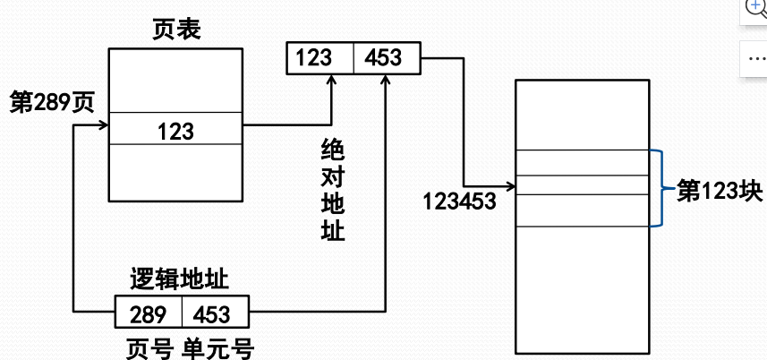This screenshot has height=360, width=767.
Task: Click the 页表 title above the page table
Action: click(x=175, y=30)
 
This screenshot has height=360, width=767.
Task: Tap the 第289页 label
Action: click(x=51, y=100)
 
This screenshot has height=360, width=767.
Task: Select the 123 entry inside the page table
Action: click(x=175, y=132)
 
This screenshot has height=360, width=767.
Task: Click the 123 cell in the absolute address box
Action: click(x=314, y=58)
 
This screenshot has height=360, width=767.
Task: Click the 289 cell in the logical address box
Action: click(x=148, y=314)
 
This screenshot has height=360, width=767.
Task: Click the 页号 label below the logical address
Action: click(x=146, y=347)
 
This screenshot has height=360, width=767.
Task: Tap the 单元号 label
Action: click(x=216, y=347)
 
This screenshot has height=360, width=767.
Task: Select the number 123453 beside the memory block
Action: click(x=459, y=200)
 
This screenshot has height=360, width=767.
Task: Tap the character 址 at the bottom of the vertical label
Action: click(x=332, y=230)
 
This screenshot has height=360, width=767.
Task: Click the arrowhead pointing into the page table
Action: click(x=102, y=125)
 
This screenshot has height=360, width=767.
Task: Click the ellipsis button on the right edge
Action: click(x=754, y=56)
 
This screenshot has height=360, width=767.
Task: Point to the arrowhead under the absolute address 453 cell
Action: click(x=386, y=79)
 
